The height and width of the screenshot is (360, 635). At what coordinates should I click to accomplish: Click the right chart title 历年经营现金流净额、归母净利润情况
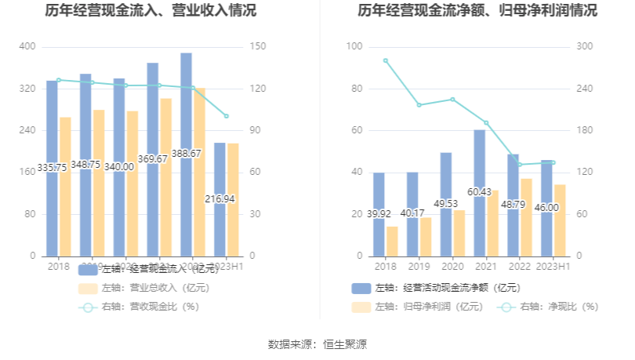(477, 11)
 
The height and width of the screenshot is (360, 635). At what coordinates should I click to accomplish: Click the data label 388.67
(187, 154)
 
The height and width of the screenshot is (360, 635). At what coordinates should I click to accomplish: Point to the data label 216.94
(220, 199)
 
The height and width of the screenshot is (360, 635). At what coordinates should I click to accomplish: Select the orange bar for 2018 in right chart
(392, 241)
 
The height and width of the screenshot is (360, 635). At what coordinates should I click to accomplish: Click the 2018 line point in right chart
(385, 60)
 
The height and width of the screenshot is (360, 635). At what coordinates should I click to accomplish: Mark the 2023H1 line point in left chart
(226, 116)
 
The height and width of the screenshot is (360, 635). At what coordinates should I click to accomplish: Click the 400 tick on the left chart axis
(27, 47)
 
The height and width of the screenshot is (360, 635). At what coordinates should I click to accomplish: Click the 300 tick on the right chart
(584, 47)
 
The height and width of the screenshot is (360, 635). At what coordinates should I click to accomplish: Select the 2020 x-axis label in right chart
(452, 267)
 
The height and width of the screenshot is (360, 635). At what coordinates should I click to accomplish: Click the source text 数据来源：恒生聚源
(317, 344)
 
